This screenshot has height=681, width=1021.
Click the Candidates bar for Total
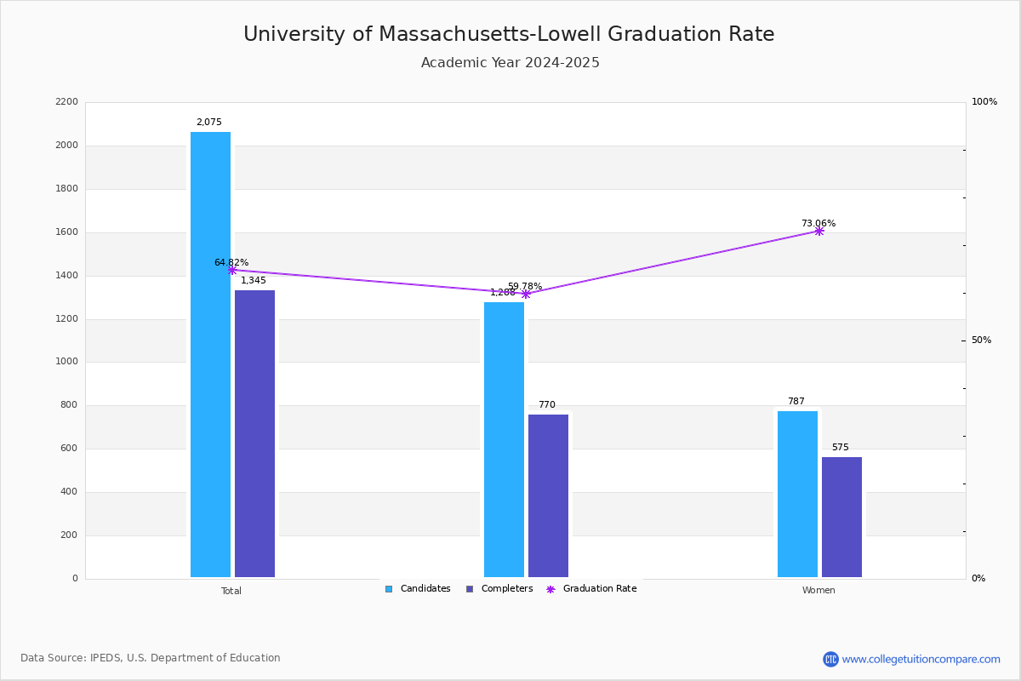pyautogui.click(x=210, y=354)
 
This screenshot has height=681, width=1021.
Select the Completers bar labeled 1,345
pyautogui.click(x=254, y=433)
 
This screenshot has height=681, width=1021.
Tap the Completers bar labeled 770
pyautogui.click(x=548, y=495)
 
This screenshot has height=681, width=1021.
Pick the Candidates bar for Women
pyautogui.click(x=797, y=494)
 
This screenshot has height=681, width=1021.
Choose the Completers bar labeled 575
pyautogui.click(x=841, y=517)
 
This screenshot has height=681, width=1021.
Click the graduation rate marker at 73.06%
pyautogui.click(x=819, y=231)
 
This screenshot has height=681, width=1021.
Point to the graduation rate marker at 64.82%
pyautogui.click(x=231, y=270)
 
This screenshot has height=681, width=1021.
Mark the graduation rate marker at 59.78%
pyautogui.click(x=525, y=294)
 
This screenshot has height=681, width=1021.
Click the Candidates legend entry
pyautogui.click(x=418, y=589)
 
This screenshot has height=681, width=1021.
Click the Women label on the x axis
pyautogui.click(x=819, y=591)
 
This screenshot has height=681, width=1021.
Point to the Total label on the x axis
pyautogui.click(x=231, y=591)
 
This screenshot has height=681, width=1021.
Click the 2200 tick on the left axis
pyautogui.click(x=66, y=102)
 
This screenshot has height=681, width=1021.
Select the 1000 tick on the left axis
pyautogui.click(x=66, y=362)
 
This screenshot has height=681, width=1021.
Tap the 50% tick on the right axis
pyautogui.click(x=981, y=340)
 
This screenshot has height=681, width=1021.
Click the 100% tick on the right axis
pyautogui.click(x=984, y=102)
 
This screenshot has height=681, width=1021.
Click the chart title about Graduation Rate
pyautogui.click(x=509, y=35)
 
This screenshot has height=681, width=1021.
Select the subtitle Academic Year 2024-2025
pyautogui.click(x=510, y=63)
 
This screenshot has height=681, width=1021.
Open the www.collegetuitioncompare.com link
pyautogui.click(x=921, y=659)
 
